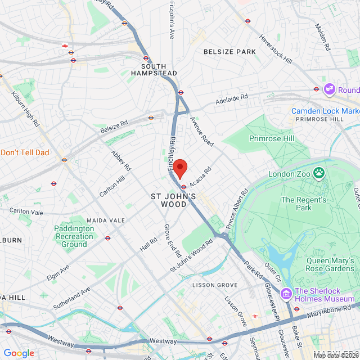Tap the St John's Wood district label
[173, 200]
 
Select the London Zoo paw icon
[319, 173]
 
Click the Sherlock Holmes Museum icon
[286, 292]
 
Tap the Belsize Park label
[229, 52]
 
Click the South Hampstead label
[154, 70]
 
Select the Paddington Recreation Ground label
[74, 236]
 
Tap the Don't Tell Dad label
[25, 152]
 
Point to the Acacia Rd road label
[200, 177]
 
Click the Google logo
[19, 353]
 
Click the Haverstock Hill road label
[276, 49]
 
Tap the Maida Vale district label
[105, 220]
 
